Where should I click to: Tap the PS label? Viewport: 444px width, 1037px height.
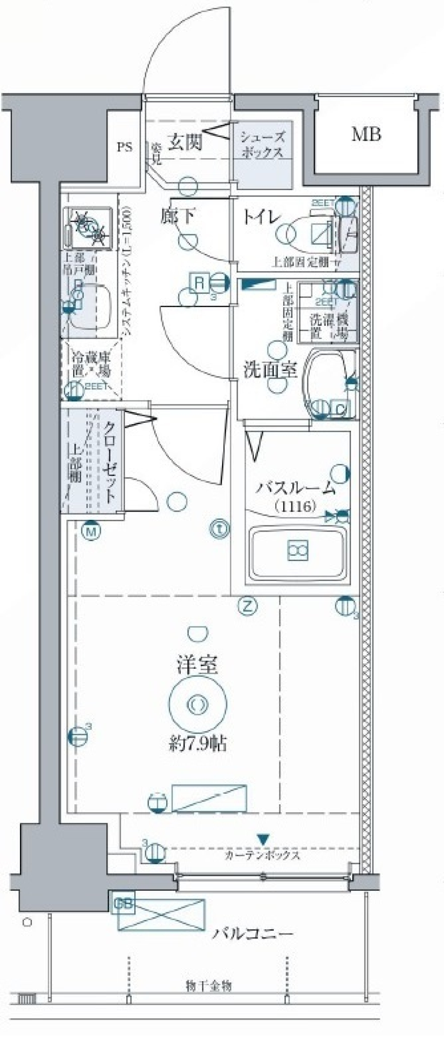(124, 148)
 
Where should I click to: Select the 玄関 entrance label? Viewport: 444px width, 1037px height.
(185, 142)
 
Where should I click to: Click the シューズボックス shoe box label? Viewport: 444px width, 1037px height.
(261, 144)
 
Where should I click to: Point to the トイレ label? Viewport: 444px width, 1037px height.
(262, 217)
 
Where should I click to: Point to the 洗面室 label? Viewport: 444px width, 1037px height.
(270, 370)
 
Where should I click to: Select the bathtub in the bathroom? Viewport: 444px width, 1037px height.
(298, 551)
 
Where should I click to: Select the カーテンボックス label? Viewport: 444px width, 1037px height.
(262, 855)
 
